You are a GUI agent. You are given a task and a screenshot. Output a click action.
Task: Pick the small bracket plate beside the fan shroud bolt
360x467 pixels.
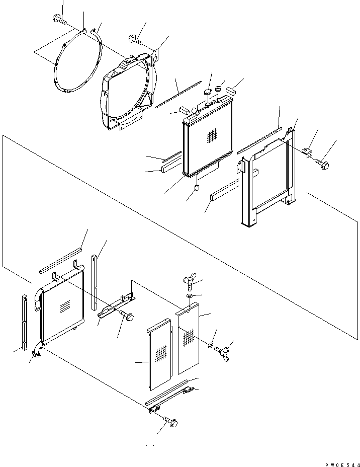[x=157, y=53]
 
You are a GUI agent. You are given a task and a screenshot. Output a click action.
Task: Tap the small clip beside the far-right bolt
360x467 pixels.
[x=307, y=151]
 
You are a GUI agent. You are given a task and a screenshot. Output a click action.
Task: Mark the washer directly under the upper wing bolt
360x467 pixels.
[x=188, y=297]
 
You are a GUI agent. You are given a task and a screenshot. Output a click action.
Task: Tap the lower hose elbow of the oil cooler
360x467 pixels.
[x=36, y=352]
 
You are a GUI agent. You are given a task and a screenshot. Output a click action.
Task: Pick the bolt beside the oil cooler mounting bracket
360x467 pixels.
[x=127, y=316]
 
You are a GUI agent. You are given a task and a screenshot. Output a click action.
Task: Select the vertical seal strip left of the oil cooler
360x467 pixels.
[x=24, y=322]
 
